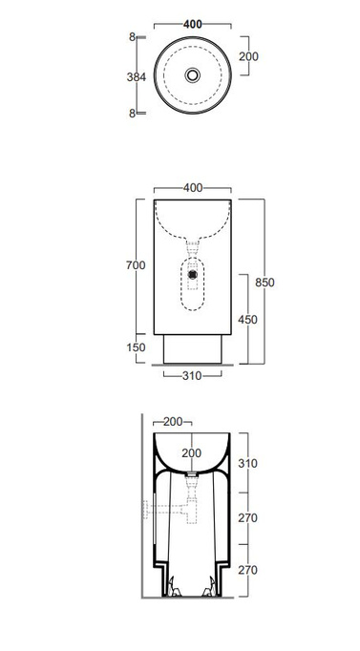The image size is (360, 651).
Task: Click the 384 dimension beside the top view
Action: coord(137,76)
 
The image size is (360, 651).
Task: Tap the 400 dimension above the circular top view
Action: coord(193,25)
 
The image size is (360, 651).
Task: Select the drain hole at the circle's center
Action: coord(193,75)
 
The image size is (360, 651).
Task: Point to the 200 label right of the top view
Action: coord(248,56)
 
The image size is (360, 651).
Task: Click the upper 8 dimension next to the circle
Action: coord(132,37)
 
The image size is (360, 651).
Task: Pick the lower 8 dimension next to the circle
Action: coord(132,114)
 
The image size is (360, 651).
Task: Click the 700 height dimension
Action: coord(136,264)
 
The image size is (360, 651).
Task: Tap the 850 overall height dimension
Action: coord(265,283)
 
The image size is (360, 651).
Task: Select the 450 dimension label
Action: coord(248,320)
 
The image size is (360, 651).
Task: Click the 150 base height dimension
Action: coord(136,347)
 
